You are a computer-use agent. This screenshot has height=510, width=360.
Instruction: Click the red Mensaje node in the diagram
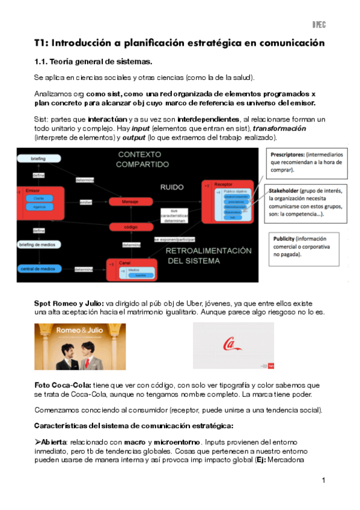130,202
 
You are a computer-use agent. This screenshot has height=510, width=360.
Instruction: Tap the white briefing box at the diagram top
38,158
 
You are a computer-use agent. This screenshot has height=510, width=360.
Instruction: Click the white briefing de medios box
39,245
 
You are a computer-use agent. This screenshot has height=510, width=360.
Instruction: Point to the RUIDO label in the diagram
172,187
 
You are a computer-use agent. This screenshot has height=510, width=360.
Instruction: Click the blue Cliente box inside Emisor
38,197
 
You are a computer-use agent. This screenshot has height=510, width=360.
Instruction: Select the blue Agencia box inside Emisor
38,206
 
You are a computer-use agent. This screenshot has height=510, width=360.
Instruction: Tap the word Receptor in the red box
224,184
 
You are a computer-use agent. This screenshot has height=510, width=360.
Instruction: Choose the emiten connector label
85,202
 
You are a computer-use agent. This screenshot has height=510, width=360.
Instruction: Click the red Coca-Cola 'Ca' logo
231,345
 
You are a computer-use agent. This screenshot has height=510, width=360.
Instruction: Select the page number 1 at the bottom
323,480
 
